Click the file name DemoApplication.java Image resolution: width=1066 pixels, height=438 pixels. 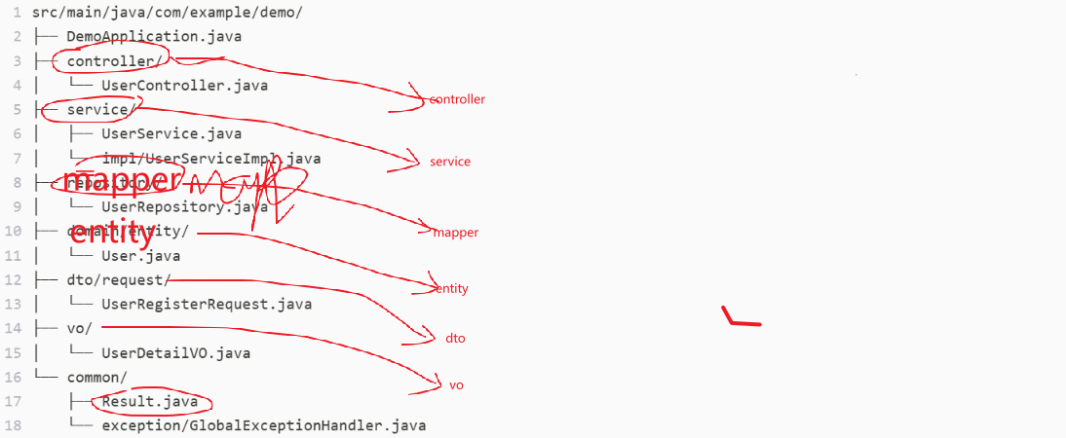[154, 37]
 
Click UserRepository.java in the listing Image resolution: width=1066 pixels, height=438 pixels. [184, 206]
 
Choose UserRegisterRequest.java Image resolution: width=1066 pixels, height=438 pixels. [207, 304]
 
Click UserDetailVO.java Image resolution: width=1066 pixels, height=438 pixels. [175, 352]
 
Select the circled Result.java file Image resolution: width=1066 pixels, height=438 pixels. [150, 401]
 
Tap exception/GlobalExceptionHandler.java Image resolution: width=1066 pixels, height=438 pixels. [263, 425]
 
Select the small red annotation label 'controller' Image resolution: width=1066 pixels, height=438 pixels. [457, 99]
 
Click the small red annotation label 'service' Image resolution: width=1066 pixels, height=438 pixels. [450, 162]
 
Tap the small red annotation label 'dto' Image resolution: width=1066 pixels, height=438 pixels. [455, 338]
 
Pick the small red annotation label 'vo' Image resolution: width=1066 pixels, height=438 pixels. [456, 385]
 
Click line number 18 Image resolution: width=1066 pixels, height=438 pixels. [14, 425]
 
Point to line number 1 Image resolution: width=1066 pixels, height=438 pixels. [18, 13]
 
